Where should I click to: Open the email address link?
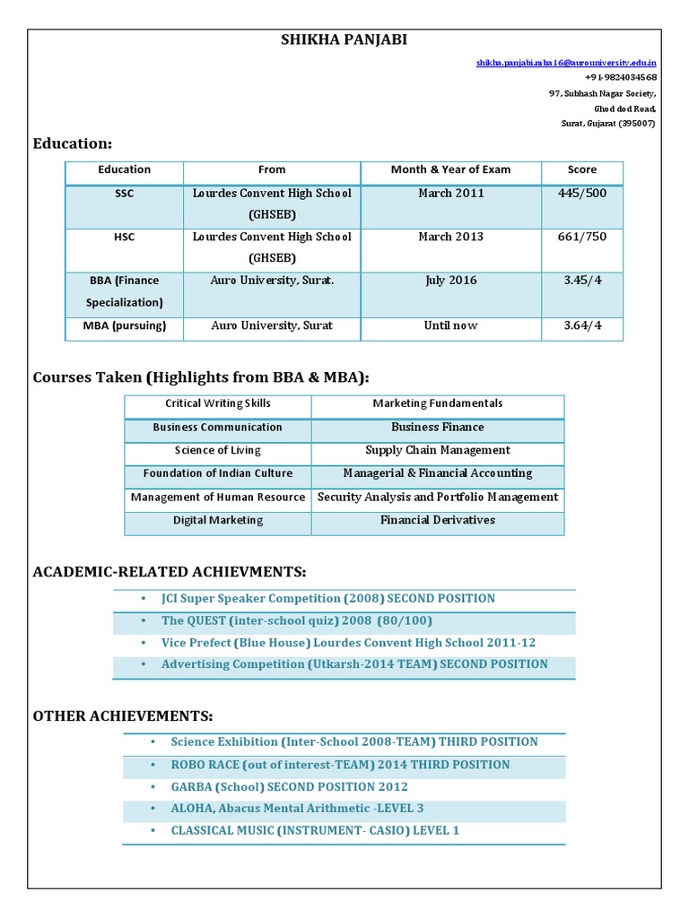(566, 64)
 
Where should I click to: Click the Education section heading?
(73, 143)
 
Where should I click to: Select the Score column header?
(581, 169)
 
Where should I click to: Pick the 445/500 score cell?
(581, 194)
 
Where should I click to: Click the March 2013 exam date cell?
(450, 237)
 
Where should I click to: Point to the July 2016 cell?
(450, 281)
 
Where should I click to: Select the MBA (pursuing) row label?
(125, 325)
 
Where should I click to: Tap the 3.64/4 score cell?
(581, 325)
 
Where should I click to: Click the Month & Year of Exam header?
(450, 169)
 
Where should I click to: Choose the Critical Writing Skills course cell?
(218, 404)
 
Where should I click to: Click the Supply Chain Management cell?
(438, 450)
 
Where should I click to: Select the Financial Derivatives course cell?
(438, 520)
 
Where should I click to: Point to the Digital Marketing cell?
(218, 520)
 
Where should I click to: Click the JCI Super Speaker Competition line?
(327, 598)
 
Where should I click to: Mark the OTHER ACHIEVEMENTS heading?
(123, 715)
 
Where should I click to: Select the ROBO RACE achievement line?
(340, 765)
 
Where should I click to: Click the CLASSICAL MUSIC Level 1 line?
(315, 831)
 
